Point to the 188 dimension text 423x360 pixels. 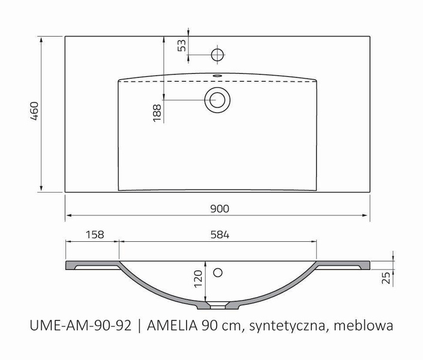pos(157,112)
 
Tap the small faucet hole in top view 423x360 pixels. pos(218,55)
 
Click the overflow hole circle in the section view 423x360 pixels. pos(217,273)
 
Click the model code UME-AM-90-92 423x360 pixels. pos(80,326)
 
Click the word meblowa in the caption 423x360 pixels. pos(364,326)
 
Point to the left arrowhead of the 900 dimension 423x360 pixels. pos(68,214)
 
